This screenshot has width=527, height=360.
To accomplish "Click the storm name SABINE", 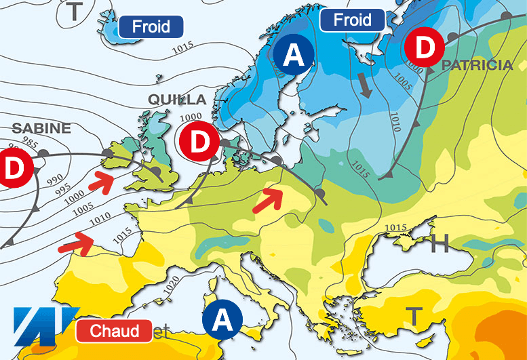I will (x=41, y=128).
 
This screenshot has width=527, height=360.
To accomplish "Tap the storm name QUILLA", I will (x=177, y=100).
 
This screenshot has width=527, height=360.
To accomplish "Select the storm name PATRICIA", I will (x=477, y=66).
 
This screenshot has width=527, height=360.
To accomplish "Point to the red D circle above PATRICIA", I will (x=424, y=48).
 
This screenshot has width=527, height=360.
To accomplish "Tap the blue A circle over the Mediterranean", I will (x=225, y=319).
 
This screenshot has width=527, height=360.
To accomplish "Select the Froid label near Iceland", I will (x=151, y=27).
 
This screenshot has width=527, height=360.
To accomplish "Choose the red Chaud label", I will (x=113, y=331).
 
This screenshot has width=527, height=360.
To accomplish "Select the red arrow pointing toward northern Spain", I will (x=75, y=243).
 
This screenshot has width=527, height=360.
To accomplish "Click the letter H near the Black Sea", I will (x=440, y=243).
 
